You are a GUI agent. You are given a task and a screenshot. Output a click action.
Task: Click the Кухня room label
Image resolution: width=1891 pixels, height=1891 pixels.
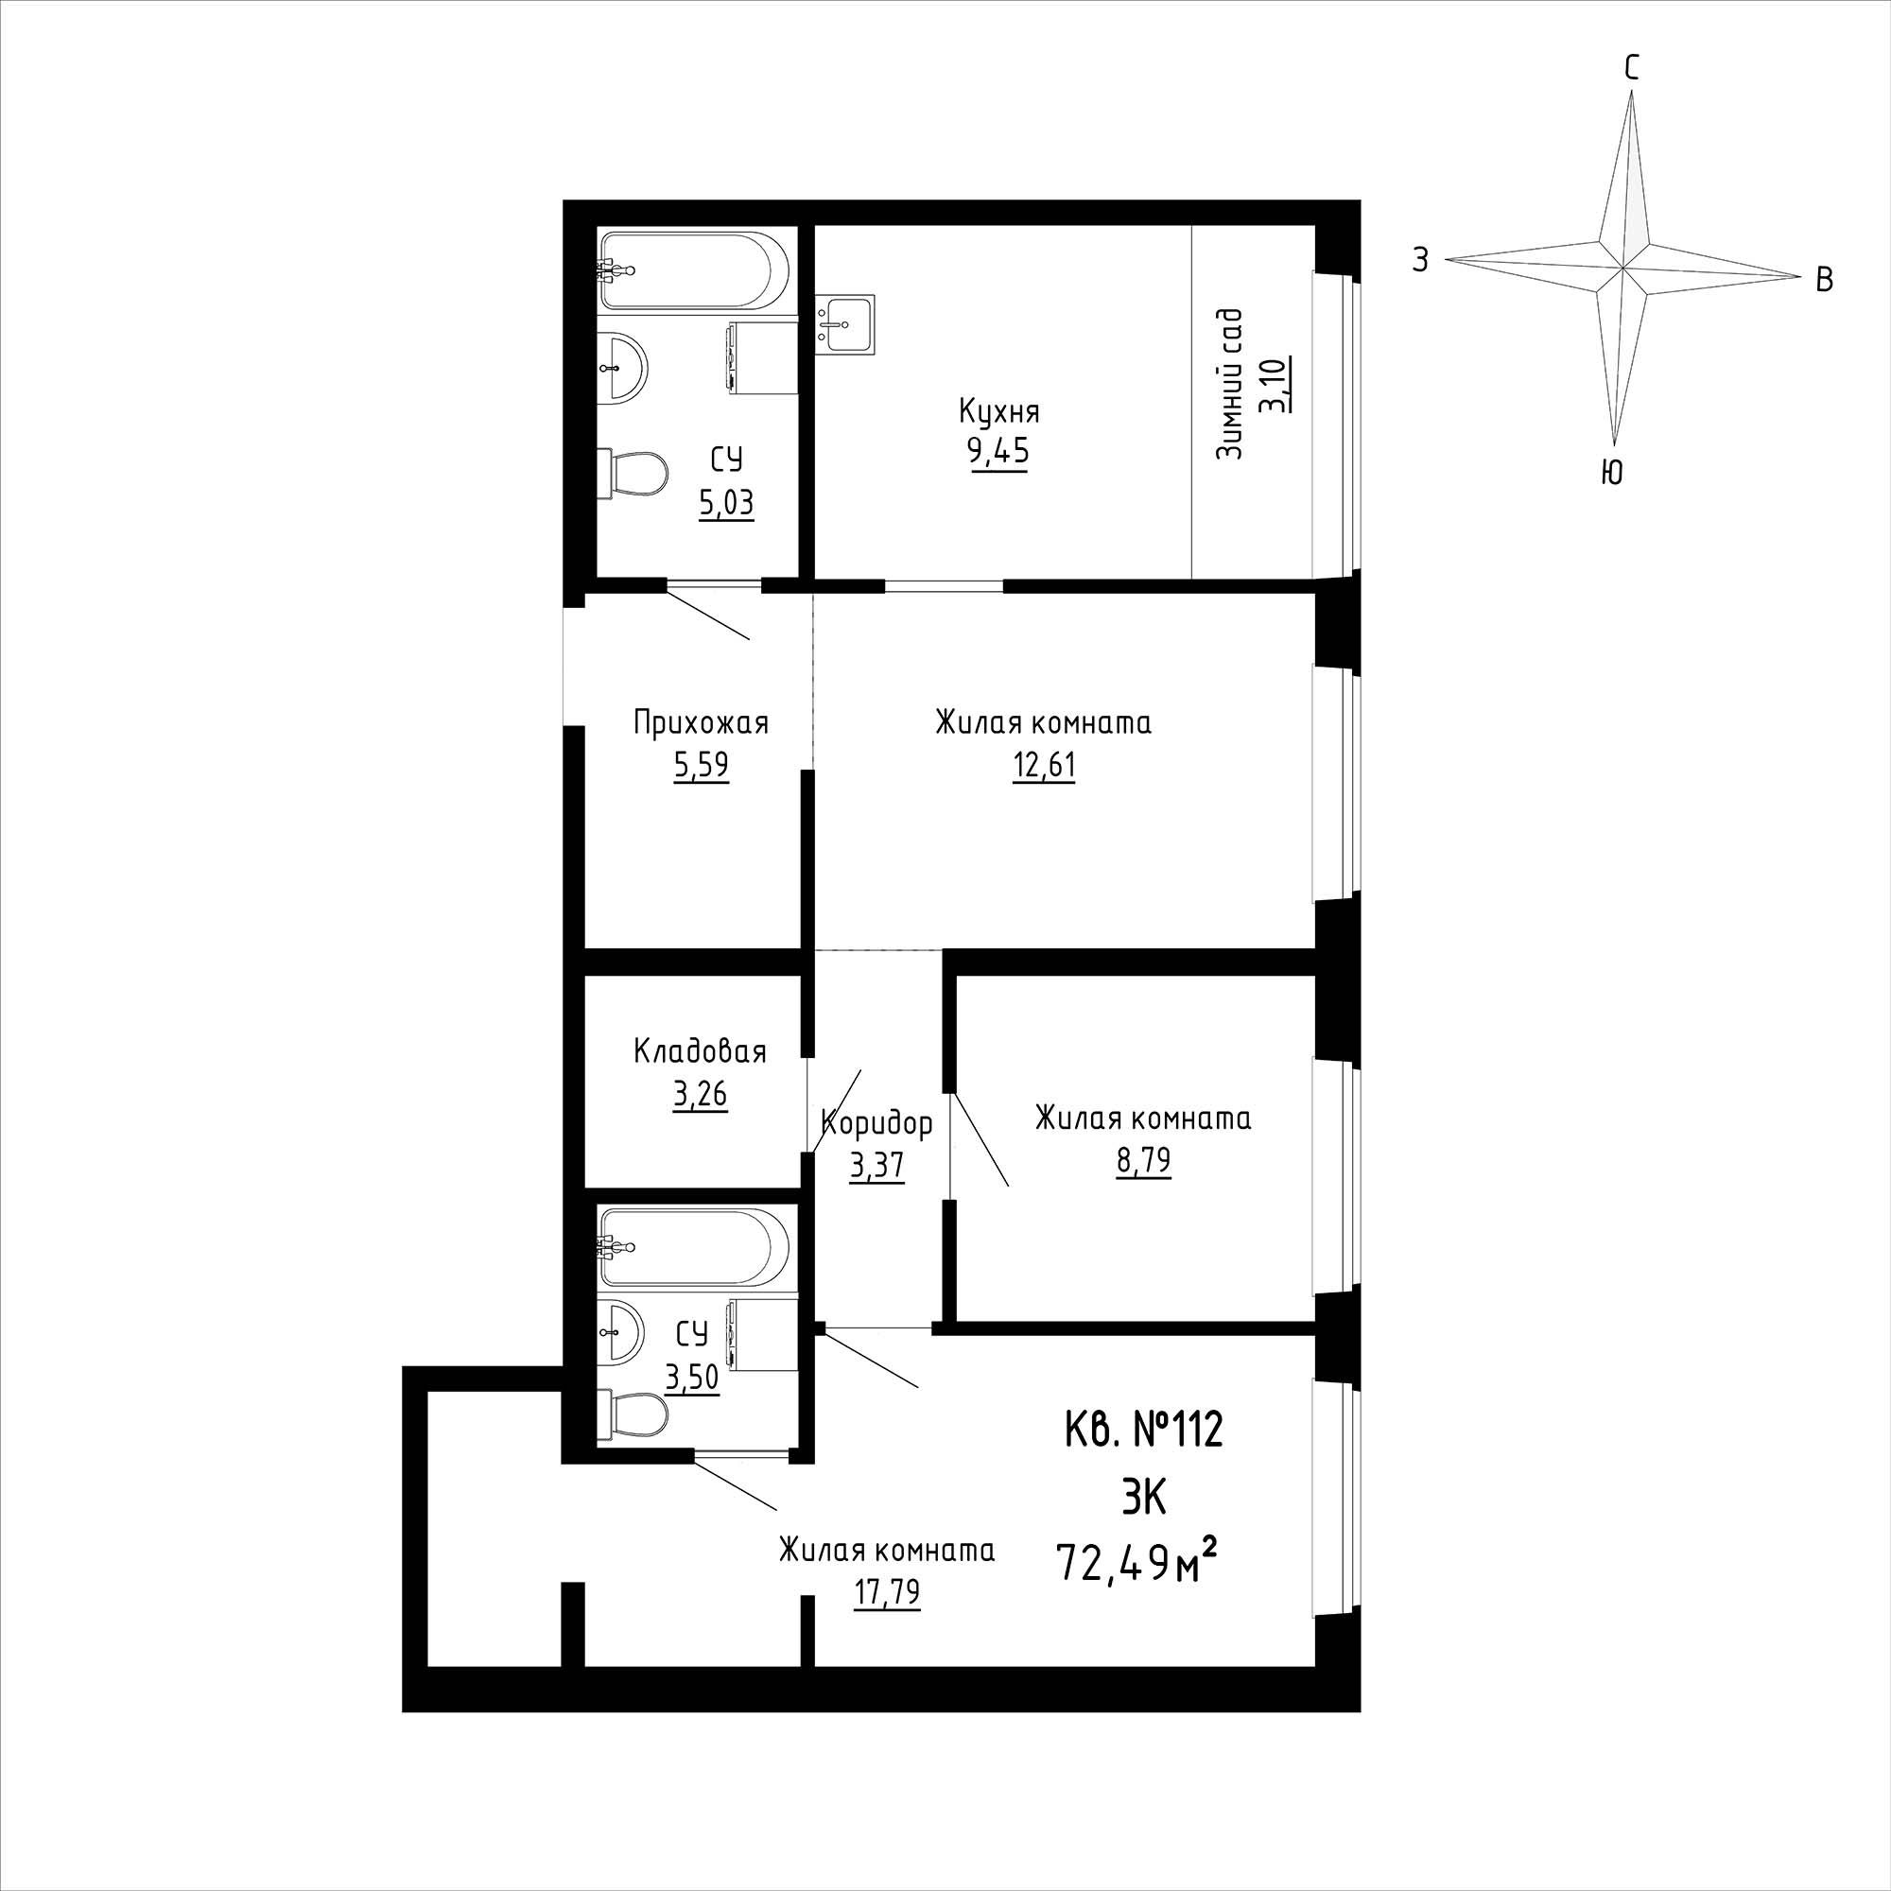point(999,412)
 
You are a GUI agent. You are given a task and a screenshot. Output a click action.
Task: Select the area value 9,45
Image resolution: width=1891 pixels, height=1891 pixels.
point(999,454)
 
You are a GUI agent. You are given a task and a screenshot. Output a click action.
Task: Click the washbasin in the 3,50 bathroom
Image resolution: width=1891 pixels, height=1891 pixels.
point(620,1333)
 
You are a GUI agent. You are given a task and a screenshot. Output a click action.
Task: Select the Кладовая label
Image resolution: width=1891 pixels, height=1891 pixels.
point(699,1052)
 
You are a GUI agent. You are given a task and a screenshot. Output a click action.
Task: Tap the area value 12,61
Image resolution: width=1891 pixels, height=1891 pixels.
point(1044,767)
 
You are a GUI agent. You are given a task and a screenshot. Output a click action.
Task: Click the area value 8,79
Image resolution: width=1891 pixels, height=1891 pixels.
point(1142,1162)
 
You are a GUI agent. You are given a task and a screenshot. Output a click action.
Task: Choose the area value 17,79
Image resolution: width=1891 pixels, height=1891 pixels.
point(886,1594)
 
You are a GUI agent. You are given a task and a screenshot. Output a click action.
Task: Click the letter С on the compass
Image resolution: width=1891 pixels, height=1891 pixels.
point(1632,67)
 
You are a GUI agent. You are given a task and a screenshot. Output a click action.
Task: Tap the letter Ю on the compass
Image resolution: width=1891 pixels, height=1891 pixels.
point(1611,474)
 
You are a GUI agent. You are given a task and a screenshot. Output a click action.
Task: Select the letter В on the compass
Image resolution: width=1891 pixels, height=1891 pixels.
point(1825,281)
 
